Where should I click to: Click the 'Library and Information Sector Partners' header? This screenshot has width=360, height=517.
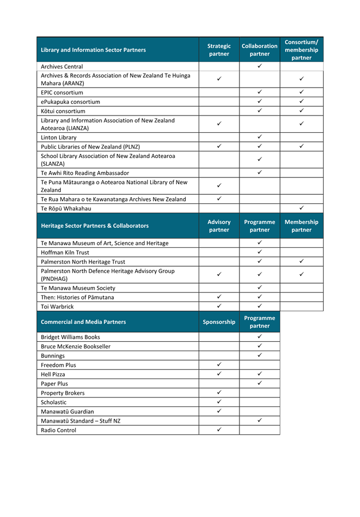tap(93, 50)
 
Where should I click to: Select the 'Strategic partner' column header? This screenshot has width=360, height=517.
tap(219, 50)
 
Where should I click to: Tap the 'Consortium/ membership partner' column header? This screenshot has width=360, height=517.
tap(301, 50)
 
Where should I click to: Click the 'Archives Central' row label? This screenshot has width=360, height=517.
tap(62, 66)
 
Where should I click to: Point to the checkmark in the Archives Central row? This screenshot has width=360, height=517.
tap(260, 66)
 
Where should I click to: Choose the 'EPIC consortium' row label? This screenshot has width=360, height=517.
tap(62, 93)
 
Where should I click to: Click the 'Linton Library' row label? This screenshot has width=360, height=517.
tap(59, 137)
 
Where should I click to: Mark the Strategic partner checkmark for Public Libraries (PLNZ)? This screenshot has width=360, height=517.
tap(219, 146)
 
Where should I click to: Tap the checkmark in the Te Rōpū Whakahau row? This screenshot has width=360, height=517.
tap(301, 208)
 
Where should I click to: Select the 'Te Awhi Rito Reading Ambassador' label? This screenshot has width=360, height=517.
tap(85, 173)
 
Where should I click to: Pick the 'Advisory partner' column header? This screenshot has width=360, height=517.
tap(219, 226)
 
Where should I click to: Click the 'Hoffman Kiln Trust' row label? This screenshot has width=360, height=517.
tap(65, 252)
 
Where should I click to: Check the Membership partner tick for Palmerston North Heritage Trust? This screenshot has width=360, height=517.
tap(301, 261)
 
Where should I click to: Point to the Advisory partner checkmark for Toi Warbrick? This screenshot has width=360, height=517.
tap(219, 306)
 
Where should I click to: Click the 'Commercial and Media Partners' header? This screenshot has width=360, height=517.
tap(83, 322)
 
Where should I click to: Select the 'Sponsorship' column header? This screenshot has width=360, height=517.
tap(219, 322)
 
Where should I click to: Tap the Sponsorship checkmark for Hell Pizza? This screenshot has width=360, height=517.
tap(219, 374)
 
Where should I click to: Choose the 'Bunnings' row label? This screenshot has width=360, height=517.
tap(52, 356)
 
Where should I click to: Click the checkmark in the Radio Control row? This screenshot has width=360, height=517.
tap(219, 429)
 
